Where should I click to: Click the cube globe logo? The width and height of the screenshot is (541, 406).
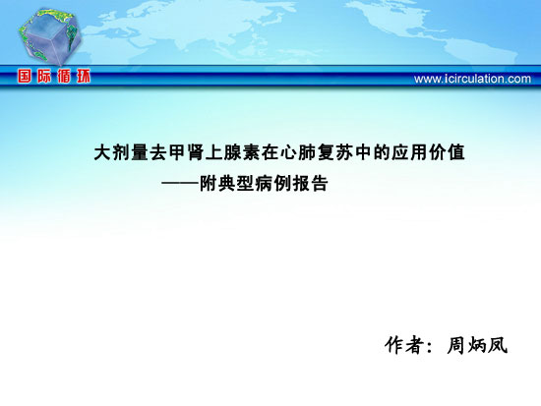[50, 37]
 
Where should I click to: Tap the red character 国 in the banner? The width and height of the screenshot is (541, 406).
[25, 77]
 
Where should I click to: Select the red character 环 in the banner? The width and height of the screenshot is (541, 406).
[84, 77]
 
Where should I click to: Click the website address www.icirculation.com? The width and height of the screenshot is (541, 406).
[472, 79]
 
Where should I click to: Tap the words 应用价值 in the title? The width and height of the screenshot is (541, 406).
[428, 152]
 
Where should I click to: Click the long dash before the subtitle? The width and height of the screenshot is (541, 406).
[180, 183]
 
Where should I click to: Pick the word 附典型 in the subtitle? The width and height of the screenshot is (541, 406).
[227, 183]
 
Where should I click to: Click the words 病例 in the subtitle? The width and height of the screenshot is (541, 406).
[273, 183]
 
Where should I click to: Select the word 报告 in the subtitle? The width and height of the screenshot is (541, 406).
[311, 183]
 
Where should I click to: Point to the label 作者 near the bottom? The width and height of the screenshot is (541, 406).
[404, 345]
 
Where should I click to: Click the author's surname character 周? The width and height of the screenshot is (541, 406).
[455, 345]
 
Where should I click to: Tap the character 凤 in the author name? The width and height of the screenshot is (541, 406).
[497, 345]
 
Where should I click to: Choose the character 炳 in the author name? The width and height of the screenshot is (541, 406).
[476, 345]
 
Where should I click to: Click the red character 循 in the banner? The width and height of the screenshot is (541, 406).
[64, 77]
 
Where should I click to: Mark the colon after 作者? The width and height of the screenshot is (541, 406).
[429, 346]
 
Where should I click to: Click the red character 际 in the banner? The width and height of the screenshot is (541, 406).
[44, 77]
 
